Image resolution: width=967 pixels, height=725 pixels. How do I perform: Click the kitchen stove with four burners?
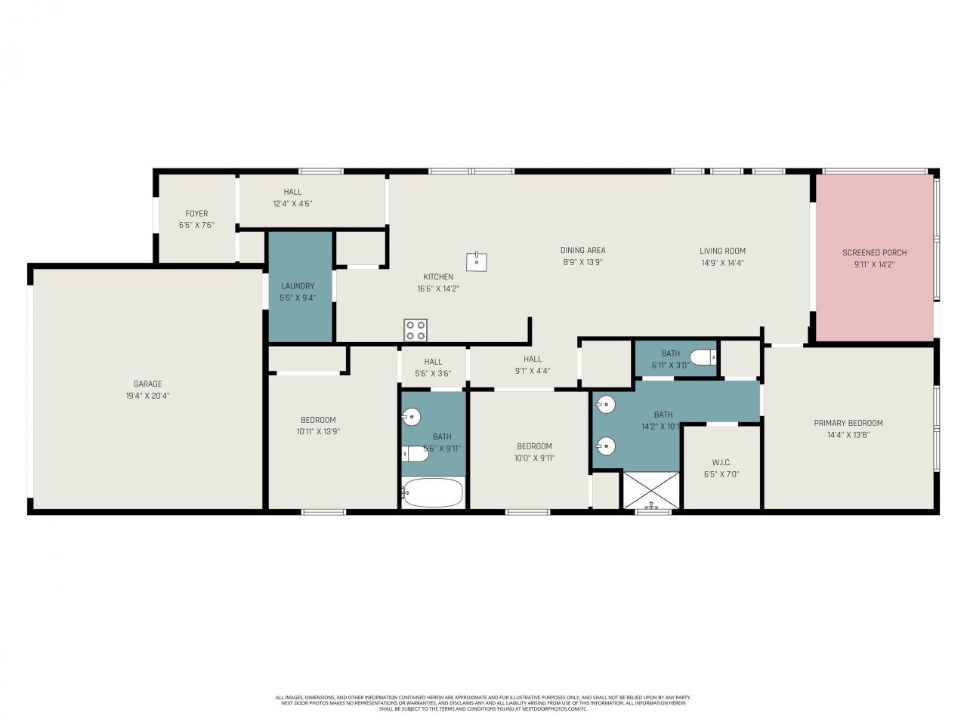click(415, 330)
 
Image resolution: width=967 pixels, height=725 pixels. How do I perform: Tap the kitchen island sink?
click(477, 261)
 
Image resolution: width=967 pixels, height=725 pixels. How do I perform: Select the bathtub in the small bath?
click(432, 493)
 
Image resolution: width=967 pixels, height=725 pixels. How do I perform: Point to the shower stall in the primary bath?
click(650, 489)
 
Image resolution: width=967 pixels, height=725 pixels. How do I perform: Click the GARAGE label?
click(148, 384)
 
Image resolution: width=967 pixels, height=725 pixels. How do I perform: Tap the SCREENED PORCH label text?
click(874, 252)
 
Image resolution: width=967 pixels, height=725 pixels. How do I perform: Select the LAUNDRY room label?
click(298, 286)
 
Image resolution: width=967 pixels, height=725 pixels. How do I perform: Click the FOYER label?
click(196, 214)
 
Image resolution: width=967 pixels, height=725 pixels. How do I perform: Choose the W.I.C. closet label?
click(721, 462)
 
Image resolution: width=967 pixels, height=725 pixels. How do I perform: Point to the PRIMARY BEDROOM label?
click(848, 423)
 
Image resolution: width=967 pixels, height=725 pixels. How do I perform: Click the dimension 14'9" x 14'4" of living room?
click(722, 263)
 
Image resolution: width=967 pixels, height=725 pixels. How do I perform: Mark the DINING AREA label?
click(582, 250)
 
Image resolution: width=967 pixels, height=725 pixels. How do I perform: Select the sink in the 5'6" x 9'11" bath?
click(411, 416)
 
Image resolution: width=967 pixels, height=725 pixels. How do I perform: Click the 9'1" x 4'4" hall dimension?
click(533, 371)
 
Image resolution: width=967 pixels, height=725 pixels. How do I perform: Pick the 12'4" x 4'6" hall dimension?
click(292, 203)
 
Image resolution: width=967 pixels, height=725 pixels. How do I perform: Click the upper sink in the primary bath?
click(606, 405)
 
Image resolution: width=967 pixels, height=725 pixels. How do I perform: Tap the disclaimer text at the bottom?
click(483, 703)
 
